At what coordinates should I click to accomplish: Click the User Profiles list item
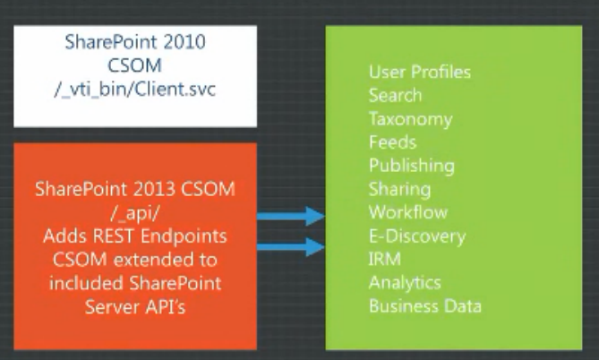(x=419, y=72)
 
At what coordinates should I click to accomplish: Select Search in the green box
(x=395, y=95)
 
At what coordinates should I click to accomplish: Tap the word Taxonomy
(x=410, y=119)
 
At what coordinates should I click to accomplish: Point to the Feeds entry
(x=392, y=142)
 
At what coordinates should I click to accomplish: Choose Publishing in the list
(x=412, y=167)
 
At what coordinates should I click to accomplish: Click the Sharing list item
(x=399, y=190)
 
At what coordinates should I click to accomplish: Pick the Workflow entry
(x=408, y=212)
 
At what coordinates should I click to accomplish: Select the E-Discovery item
(x=417, y=236)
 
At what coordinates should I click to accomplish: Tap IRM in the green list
(x=385, y=259)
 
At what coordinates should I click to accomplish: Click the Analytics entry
(x=405, y=283)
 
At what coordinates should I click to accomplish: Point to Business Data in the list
(x=424, y=306)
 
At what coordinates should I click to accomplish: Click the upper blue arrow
(x=291, y=216)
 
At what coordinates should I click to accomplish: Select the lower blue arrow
(x=291, y=247)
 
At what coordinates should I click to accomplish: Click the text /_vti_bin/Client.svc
(x=135, y=90)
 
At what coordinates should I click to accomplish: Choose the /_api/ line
(x=134, y=213)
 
